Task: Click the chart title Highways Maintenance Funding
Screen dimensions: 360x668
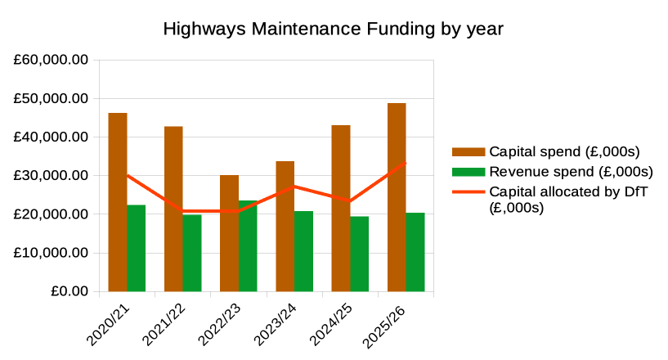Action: [333, 29]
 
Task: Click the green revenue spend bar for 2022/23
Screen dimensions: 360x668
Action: [248, 245]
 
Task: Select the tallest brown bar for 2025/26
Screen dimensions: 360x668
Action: [397, 197]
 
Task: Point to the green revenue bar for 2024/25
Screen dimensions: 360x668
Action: [360, 254]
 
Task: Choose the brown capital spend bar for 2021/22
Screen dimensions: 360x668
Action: [173, 209]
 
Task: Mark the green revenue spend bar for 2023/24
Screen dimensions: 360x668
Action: [303, 251]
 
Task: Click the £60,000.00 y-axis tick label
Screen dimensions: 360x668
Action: [51, 61]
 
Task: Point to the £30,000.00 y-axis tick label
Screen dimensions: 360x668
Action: [51, 176]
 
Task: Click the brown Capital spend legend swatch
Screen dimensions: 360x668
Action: [468, 151]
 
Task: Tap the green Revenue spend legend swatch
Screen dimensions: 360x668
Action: [468, 172]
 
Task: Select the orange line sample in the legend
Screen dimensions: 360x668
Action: [468, 192]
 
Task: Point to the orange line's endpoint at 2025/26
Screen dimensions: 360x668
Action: [406, 163]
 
